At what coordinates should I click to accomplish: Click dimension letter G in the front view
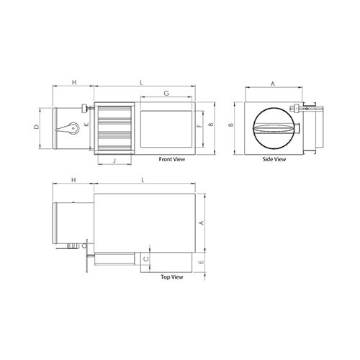166,94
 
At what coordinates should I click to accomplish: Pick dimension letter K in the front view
87,125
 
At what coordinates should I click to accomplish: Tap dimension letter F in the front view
198,126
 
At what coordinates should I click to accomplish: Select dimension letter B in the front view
210,125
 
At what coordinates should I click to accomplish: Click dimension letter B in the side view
230,126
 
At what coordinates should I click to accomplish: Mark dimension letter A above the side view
272,84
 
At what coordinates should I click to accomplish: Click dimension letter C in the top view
146,257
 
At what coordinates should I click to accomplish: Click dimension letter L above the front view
141,84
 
